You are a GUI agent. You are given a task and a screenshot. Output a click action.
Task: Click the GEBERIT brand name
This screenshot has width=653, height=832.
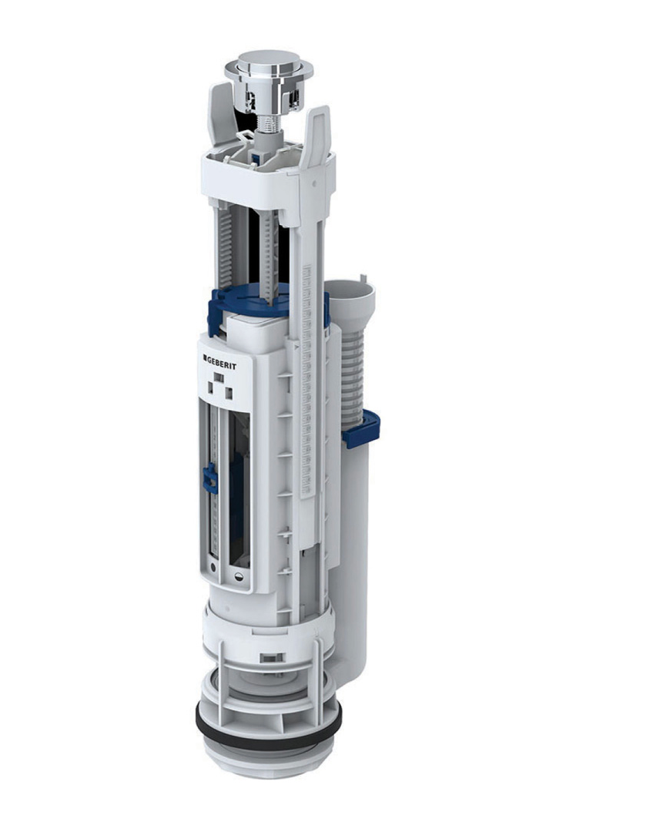pos(228,360)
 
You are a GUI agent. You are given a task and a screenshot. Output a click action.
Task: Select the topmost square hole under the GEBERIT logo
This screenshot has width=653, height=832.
pos(218,377)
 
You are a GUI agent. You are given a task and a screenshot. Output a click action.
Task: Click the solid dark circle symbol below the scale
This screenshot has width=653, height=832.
pos(212,569)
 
